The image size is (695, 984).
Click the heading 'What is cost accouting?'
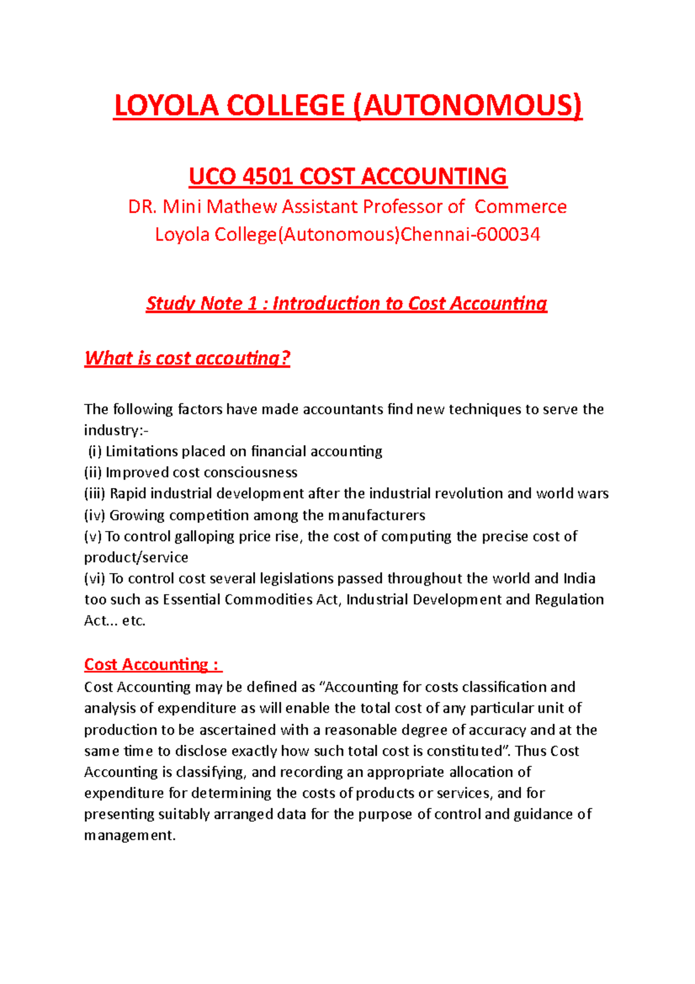coord(187,358)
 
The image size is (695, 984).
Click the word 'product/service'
coord(136,557)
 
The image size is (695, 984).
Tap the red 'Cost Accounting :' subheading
coord(152,665)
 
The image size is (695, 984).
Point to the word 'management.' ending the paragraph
coord(130,836)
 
